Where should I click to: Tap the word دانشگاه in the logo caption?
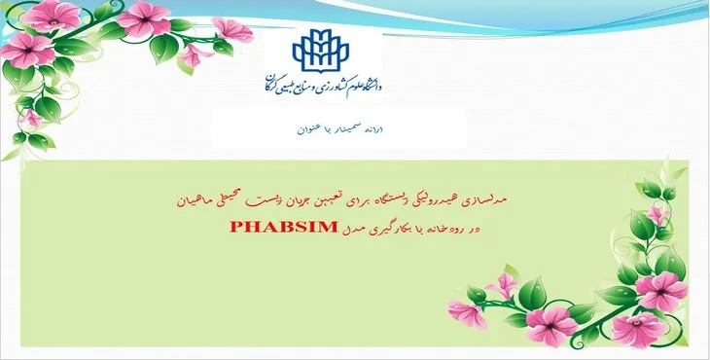point(368,85)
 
